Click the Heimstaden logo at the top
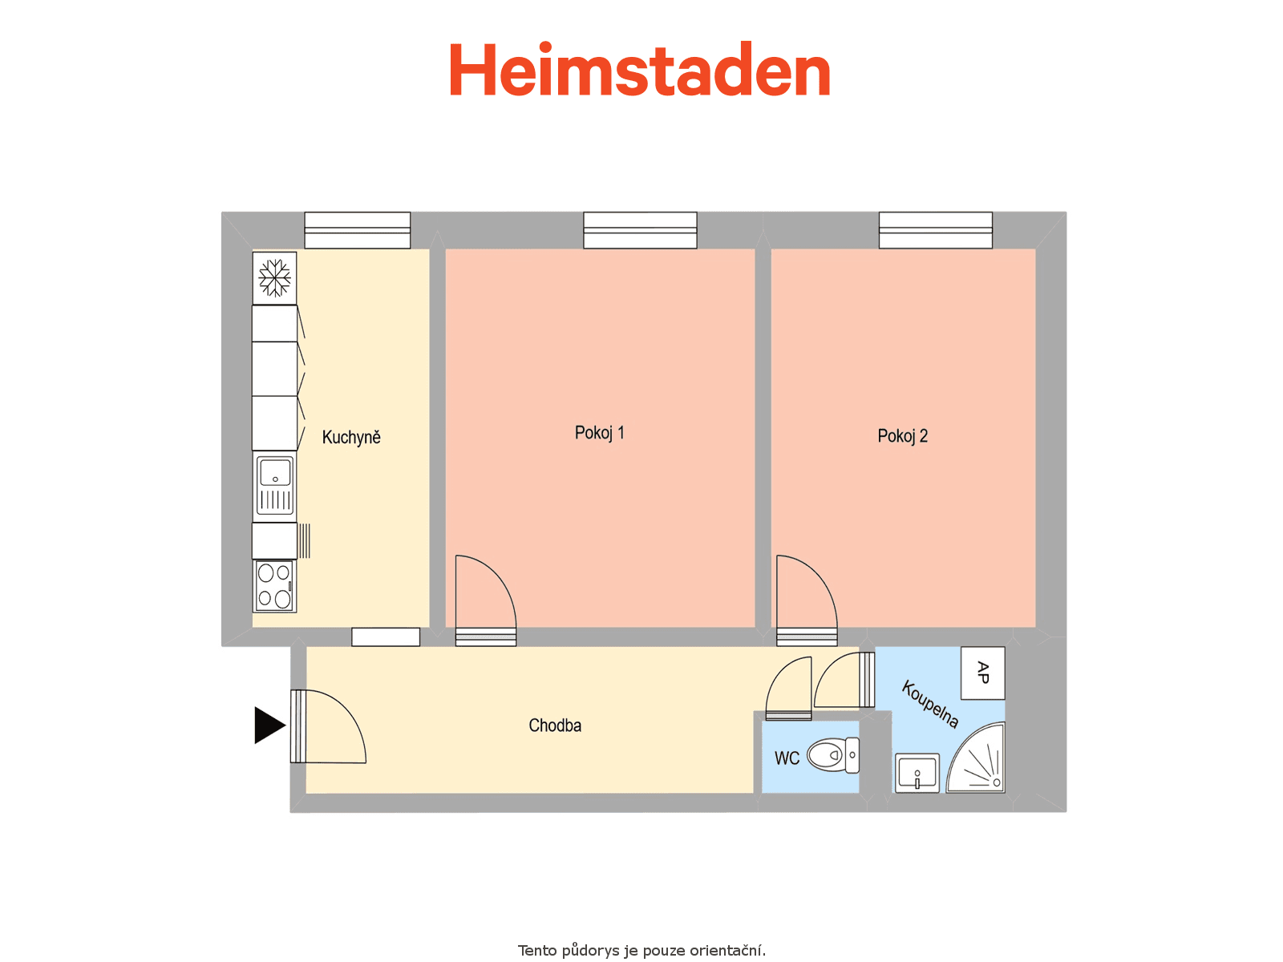tap(639, 69)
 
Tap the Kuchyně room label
tap(351, 438)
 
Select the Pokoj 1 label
tap(600, 433)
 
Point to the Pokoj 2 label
tap(902, 436)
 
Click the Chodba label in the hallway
tap(555, 726)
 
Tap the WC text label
tap(787, 758)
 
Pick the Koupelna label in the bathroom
tap(930, 704)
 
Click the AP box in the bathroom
tap(982, 673)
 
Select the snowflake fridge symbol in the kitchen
tap(275, 278)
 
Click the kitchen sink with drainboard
tap(275, 487)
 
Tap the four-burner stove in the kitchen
tap(275, 587)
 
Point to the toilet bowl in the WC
tap(833, 755)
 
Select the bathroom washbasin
tap(917, 773)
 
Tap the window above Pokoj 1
tap(640, 230)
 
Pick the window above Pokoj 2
tap(936, 230)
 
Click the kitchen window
tap(357, 230)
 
